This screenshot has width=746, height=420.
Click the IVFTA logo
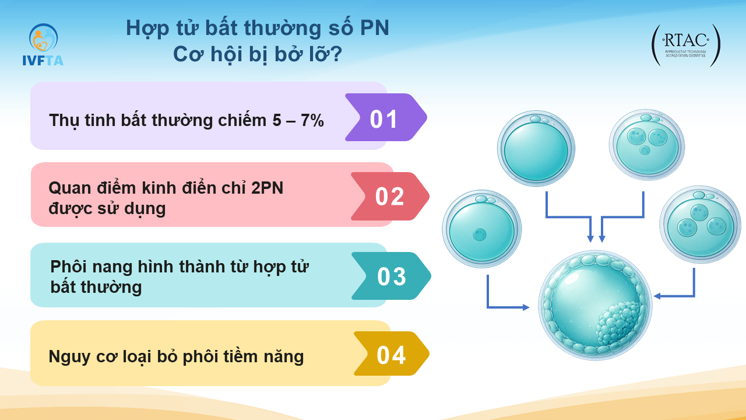coord(43,45)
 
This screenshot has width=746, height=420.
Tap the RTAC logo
coord(686,45)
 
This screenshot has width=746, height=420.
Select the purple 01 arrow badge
coord(386,117)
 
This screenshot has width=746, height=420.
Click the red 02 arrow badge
coord(390,197)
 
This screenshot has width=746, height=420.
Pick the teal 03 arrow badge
coord(391,276)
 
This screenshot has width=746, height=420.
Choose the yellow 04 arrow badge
coord(391,353)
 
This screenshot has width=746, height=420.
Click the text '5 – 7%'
coord(298,120)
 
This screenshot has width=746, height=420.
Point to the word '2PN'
coord(267,188)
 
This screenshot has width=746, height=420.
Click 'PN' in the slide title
coord(375,27)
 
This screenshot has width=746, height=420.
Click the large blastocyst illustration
coord(595,305)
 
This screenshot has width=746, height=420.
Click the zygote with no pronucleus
coord(536,148)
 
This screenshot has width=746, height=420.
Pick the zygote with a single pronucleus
coord(481,229)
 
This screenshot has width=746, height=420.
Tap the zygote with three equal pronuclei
coord(701,224)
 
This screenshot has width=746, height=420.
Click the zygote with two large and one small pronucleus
coord(647,145)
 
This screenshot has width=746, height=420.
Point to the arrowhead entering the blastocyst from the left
coord(526,307)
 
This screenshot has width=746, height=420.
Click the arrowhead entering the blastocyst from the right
coord(657,296)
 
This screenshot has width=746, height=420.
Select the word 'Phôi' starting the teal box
coord(68,267)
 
